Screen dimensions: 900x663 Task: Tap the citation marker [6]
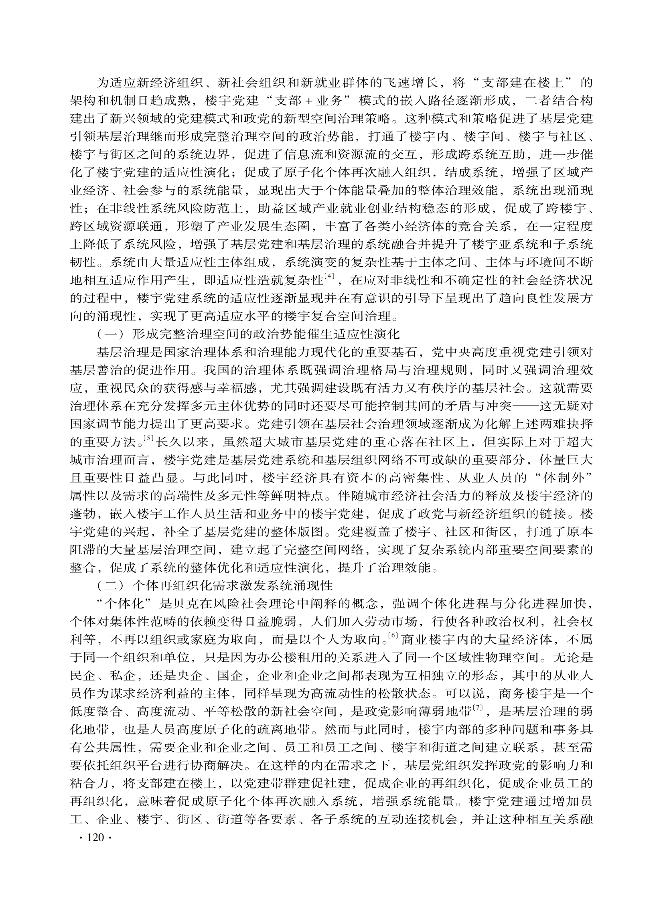(393, 635)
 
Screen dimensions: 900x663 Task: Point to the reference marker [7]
(478, 708)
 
